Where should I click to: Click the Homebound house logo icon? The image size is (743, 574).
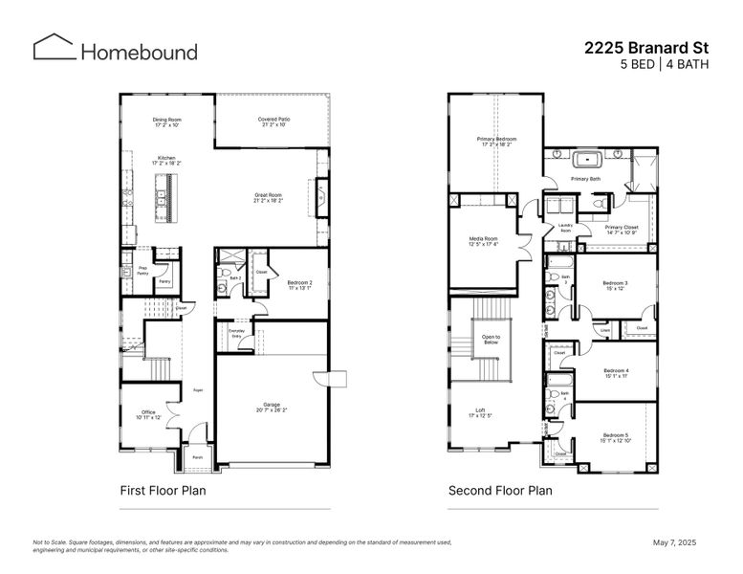pos(54,48)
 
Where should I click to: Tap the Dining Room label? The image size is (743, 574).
pos(166,122)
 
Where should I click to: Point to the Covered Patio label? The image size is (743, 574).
pos(273,121)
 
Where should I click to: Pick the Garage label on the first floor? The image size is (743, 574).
pos(273,407)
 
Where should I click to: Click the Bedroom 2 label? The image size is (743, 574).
pos(299,284)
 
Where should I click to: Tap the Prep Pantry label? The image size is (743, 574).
pos(142,271)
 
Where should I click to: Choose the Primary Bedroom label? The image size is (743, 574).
pos(496,142)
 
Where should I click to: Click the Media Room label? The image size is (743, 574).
pos(483,241)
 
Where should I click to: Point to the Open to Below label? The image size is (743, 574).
pos(491,339)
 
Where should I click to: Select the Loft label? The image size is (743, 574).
pos(479,413)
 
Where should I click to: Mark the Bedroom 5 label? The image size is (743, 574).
pos(615,437)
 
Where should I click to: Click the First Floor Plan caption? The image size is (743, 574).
pos(163,491)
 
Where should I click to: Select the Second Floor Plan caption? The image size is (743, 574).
pos(500,491)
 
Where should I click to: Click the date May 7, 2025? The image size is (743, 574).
pos(675,542)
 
